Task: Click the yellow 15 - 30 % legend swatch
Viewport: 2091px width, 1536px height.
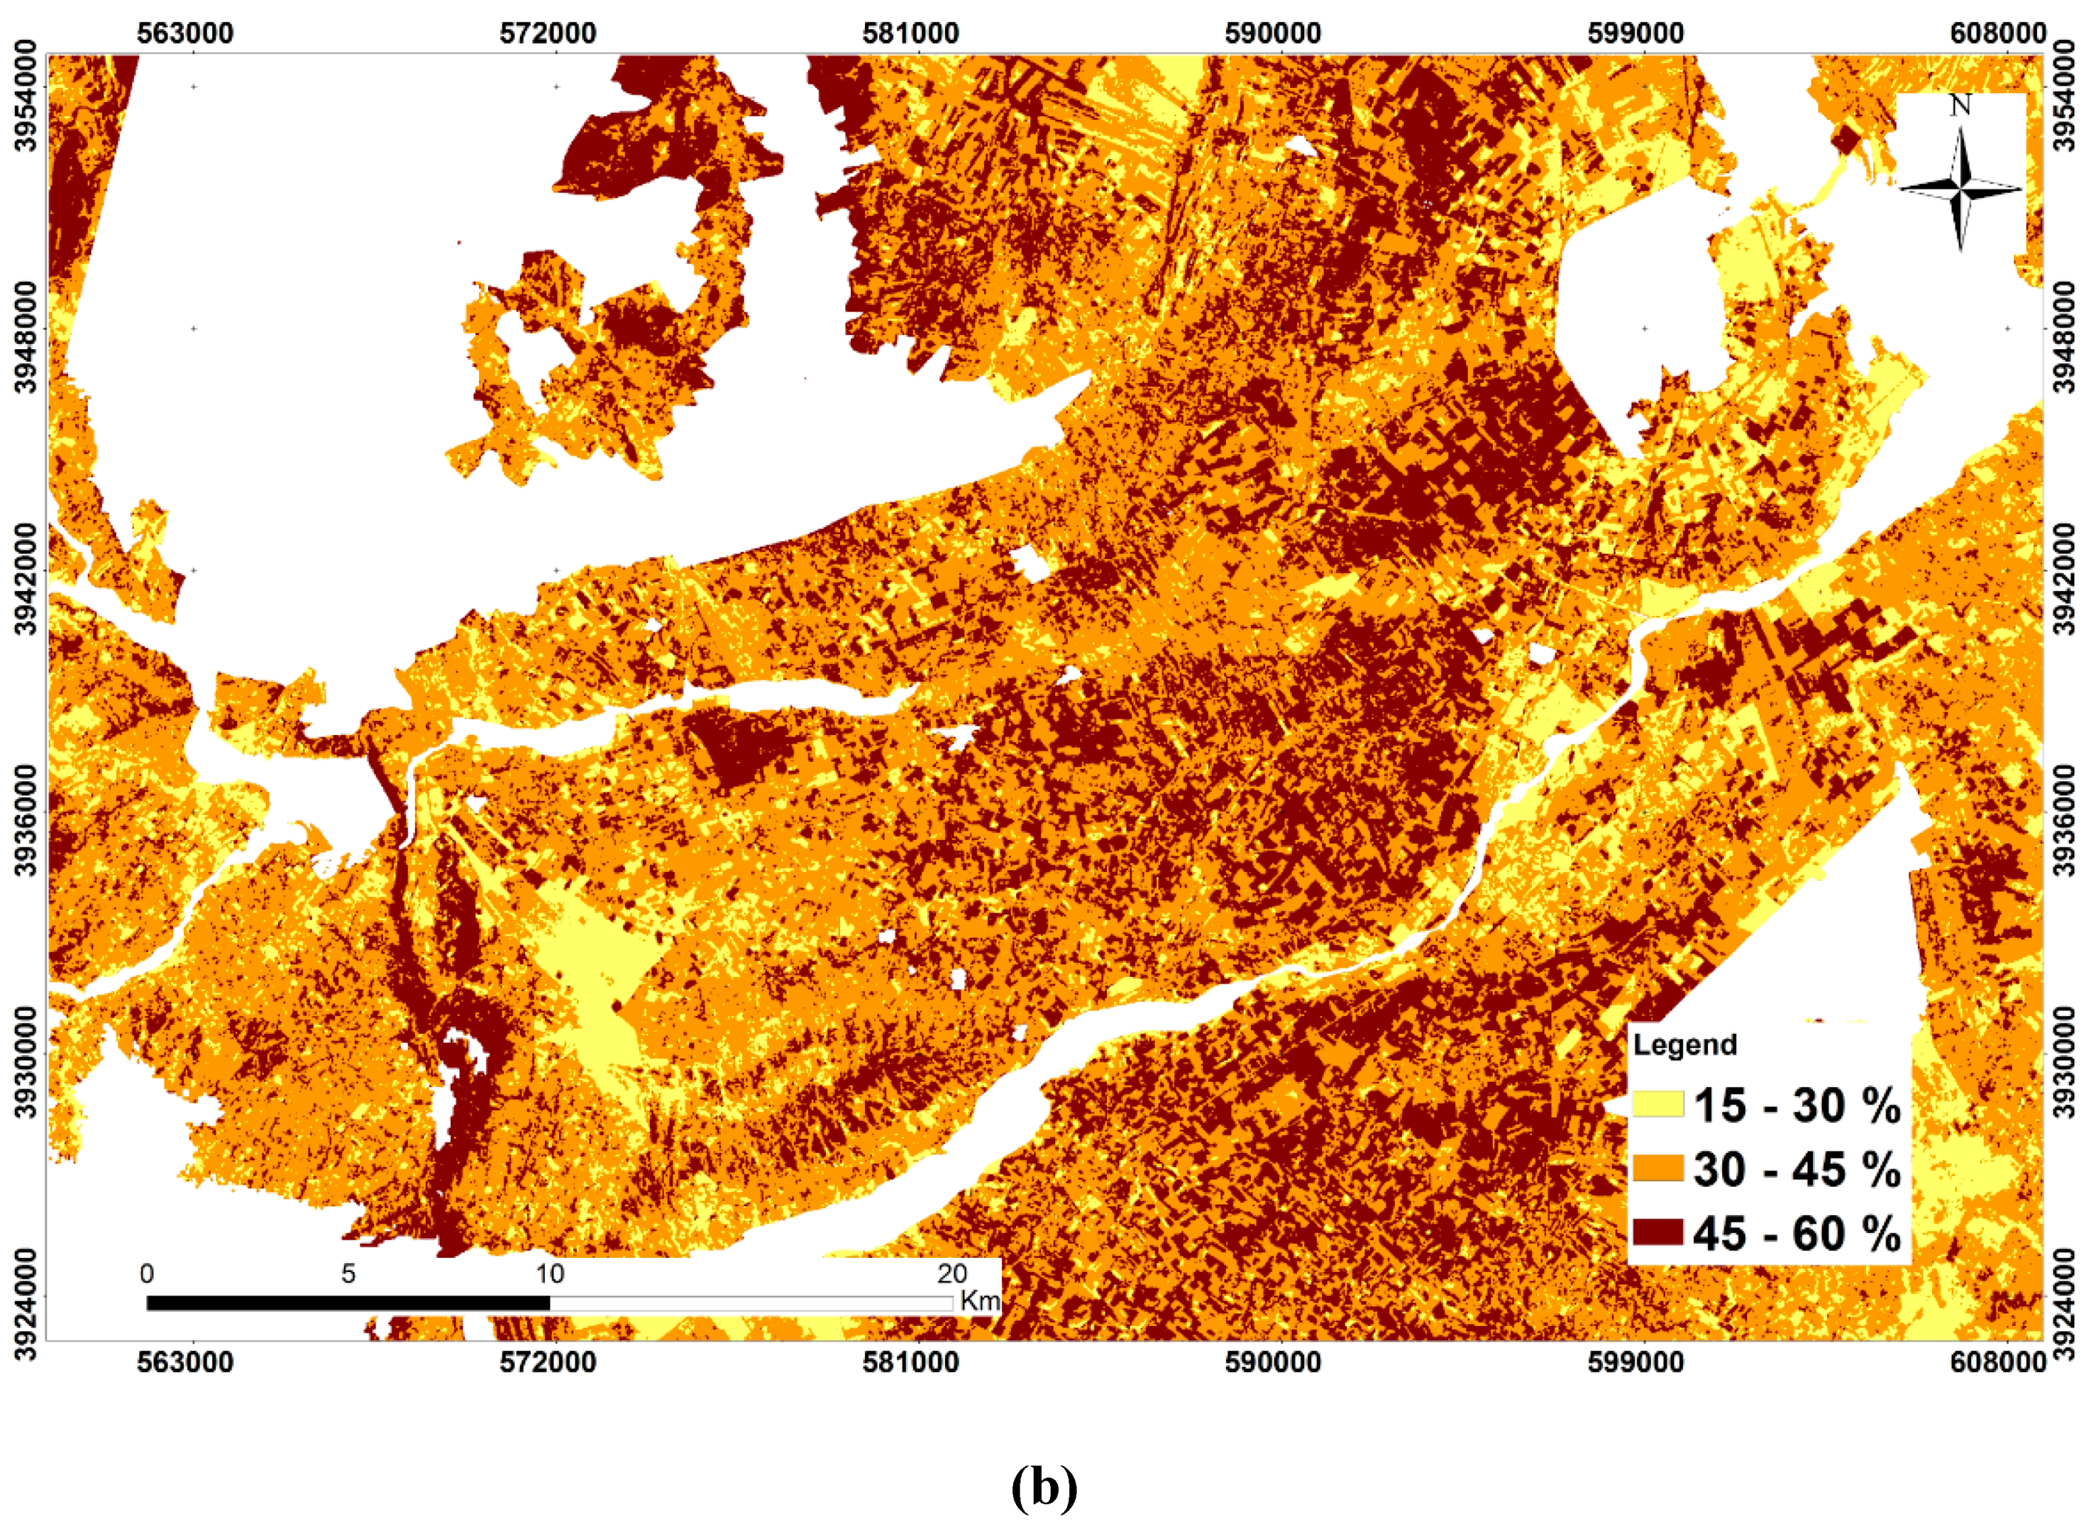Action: [1657, 1104]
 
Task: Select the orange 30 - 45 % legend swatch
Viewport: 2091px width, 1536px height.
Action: [1657, 1168]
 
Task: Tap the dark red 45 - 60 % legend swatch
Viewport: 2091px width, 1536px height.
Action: [1657, 1233]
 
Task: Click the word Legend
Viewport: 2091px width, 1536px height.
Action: [1684, 1044]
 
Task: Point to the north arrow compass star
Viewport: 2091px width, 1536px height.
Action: [1960, 189]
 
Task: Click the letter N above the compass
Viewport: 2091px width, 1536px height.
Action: [1960, 106]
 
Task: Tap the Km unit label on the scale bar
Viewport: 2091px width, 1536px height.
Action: [979, 1300]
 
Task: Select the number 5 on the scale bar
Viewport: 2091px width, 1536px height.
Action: [348, 1273]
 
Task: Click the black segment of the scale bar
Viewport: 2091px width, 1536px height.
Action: [348, 1303]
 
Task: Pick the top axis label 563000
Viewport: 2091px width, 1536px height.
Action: [185, 33]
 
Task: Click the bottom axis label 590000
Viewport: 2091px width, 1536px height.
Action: [1273, 1363]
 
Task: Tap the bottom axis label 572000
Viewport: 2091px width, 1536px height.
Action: [548, 1363]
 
